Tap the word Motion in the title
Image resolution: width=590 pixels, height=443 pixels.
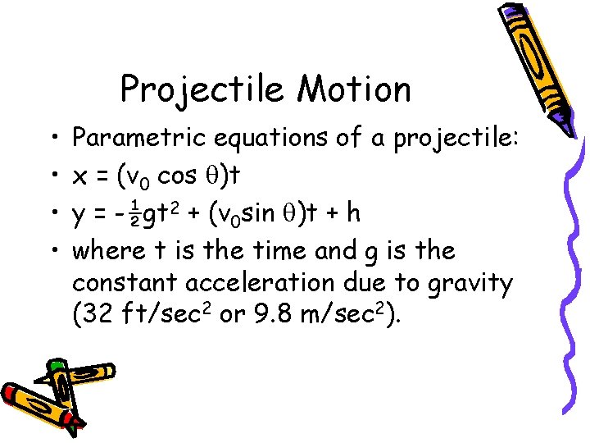point(354,89)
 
